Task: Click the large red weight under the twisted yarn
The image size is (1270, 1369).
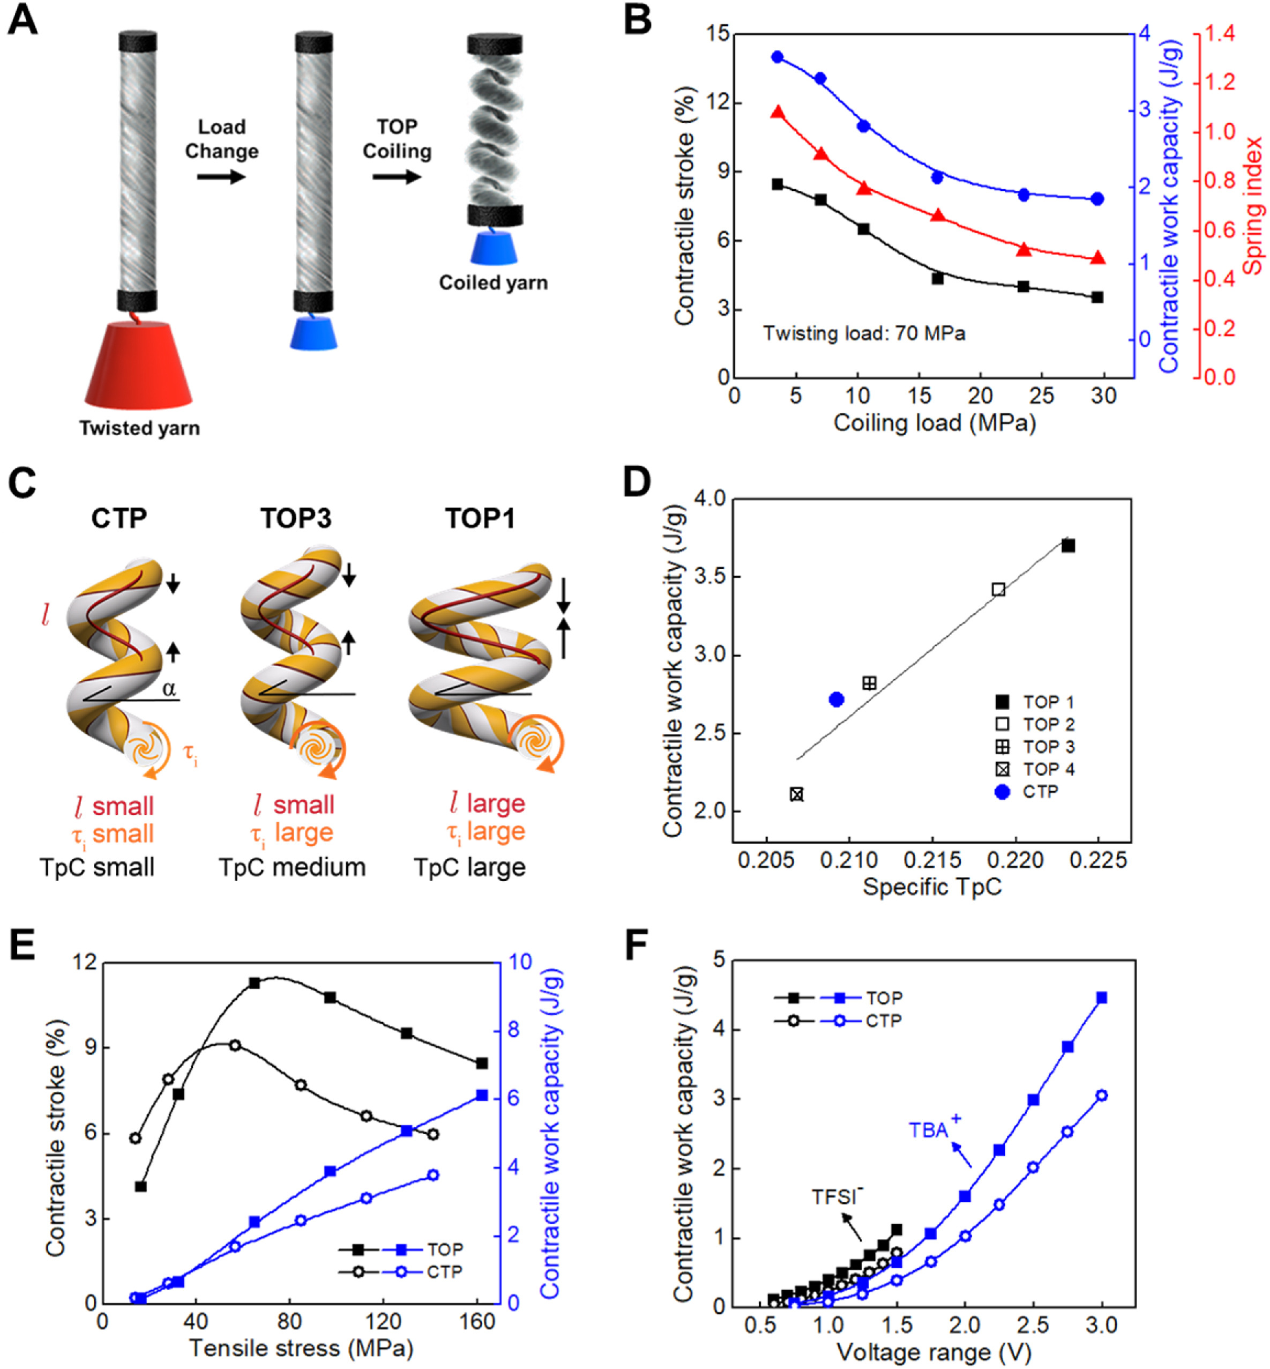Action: coord(138,366)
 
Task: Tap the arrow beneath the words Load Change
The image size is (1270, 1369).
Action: coord(221,177)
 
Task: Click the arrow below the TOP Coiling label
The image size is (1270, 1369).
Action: coord(397,177)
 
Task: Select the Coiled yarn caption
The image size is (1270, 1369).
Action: coord(494,282)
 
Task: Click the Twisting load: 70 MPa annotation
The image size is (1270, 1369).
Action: coord(864,333)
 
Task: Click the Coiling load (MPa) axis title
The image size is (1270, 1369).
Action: coord(934,423)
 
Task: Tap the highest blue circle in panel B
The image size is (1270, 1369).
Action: coord(777,57)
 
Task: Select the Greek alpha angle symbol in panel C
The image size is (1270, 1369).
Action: coord(169,689)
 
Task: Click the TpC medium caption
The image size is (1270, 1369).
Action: coord(292,867)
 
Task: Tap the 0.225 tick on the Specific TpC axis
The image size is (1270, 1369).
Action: coord(1098,860)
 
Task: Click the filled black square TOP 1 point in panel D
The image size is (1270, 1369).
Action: coord(1068,546)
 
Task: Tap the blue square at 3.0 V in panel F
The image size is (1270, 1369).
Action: coord(1102,998)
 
